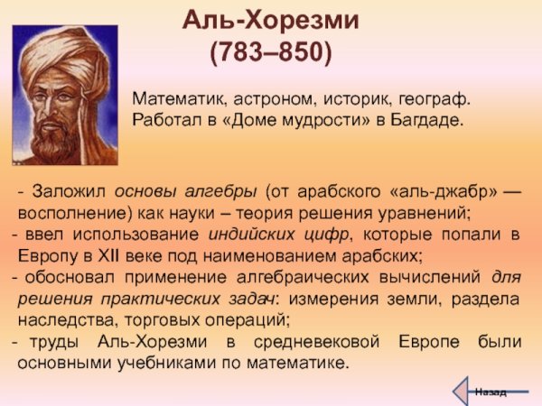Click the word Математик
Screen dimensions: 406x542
point(175,98)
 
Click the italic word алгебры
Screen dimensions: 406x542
point(222,192)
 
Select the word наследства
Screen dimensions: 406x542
point(63,319)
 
